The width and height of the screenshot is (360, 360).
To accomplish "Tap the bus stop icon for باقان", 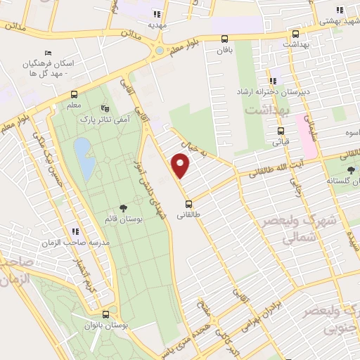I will [x=225, y=39].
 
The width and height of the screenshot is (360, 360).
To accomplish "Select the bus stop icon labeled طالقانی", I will [x=188, y=205].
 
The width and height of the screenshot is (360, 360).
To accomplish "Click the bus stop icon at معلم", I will [x=74, y=95].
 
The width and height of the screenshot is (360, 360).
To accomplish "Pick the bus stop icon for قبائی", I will [x=281, y=130].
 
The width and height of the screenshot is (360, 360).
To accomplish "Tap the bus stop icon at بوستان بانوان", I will [x=105, y=314].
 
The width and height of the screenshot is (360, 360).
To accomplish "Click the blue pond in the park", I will [x=84, y=157].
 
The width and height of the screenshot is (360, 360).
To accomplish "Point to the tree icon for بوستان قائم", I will [x=124, y=207].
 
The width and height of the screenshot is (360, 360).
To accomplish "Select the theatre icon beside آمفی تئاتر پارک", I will [x=105, y=109].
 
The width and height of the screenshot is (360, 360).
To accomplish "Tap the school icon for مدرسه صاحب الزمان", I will [x=73, y=231].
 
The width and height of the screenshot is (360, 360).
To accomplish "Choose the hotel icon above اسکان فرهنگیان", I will [x=48, y=53].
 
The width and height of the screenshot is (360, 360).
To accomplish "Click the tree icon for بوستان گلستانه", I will [x=351, y=170].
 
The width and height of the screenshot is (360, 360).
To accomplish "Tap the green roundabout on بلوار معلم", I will [x=160, y=51].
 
